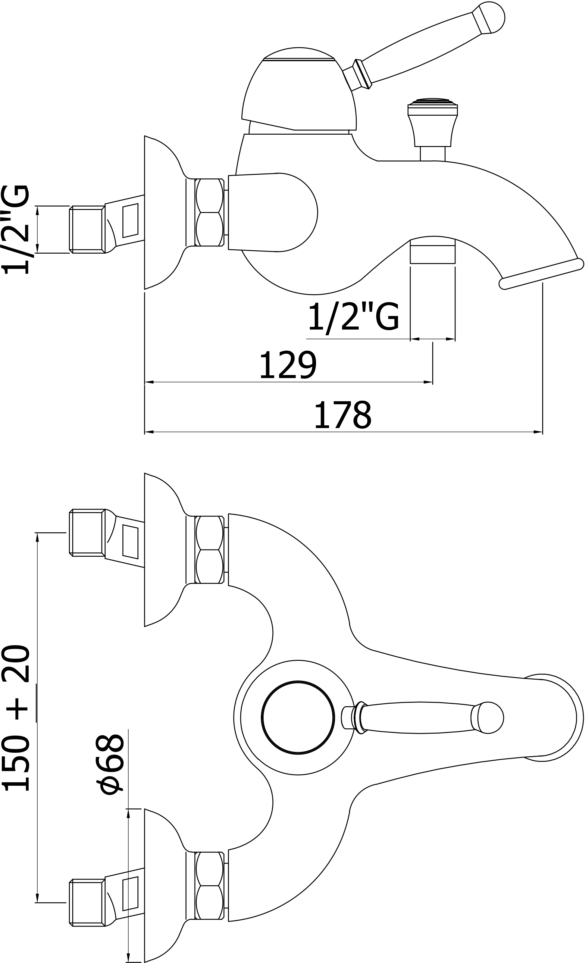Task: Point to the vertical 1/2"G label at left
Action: coord(16,229)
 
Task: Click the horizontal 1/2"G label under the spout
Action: coord(353,317)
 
